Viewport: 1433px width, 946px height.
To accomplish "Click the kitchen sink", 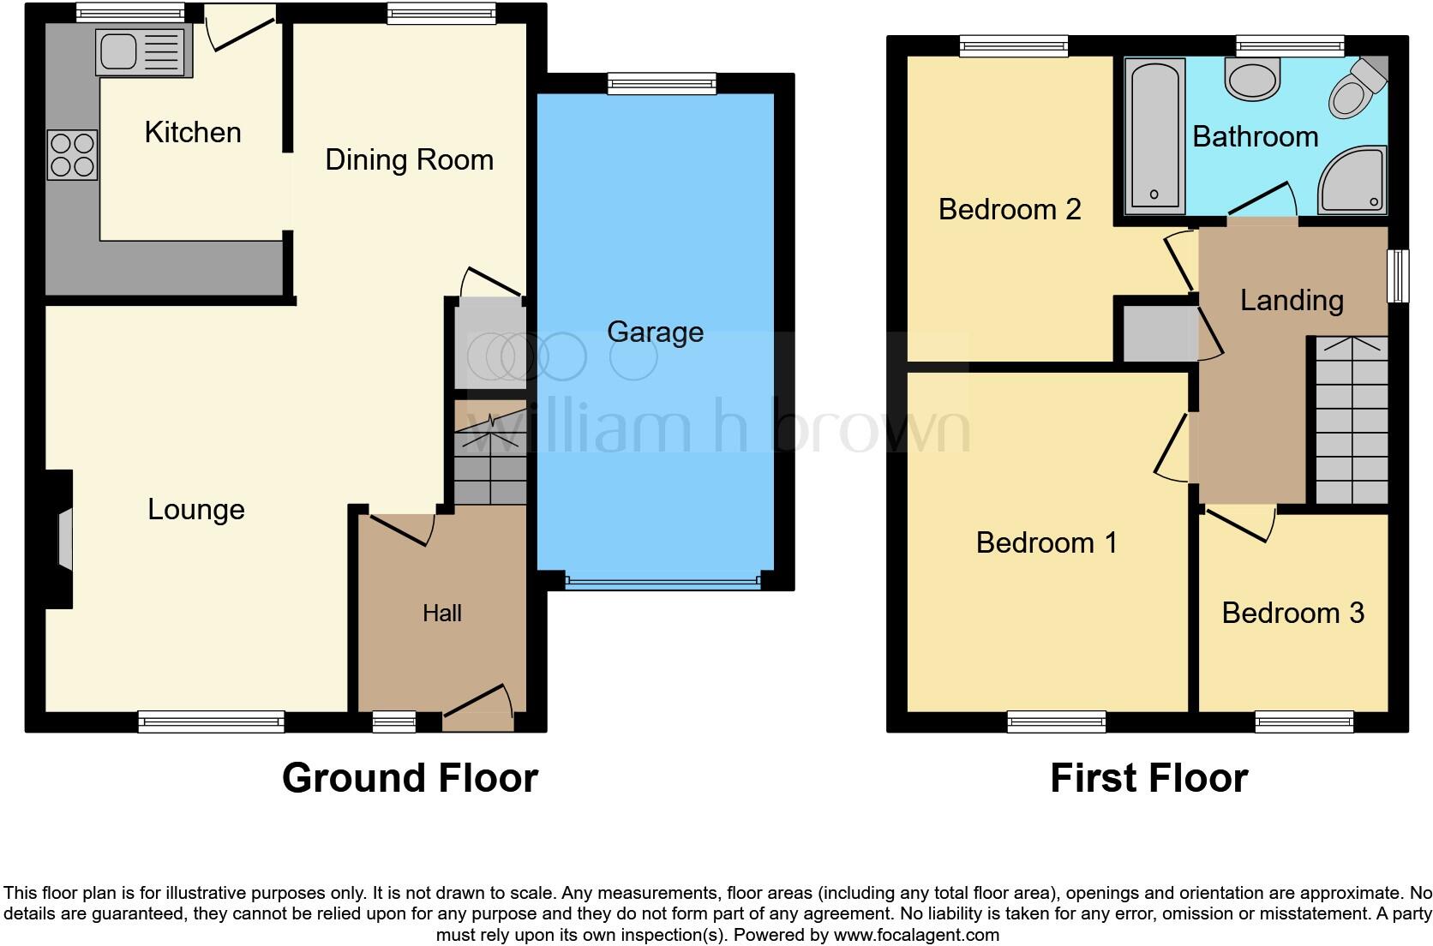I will point(142,52).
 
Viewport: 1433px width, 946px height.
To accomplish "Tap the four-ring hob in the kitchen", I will point(72,154).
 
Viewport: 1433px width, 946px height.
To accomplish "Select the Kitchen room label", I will point(193,133).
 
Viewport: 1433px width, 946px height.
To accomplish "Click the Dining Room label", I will point(409,160).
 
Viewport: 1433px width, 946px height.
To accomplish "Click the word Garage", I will point(655,332).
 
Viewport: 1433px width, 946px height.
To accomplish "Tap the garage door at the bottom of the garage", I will point(662,582).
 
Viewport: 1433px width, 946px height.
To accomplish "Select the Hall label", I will point(441,614).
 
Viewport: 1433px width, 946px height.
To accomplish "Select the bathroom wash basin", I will point(1252,80).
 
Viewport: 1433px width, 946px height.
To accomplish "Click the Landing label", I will point(1292,301).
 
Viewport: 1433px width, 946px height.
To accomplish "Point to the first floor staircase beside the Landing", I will point(1352,420).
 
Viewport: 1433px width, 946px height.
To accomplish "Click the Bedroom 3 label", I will point(1292,614).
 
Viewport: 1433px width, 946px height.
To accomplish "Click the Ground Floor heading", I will point(410,778).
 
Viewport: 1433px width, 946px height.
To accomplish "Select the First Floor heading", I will point(1148,778).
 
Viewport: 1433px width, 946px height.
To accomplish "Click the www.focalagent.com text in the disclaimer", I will point(916,935).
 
